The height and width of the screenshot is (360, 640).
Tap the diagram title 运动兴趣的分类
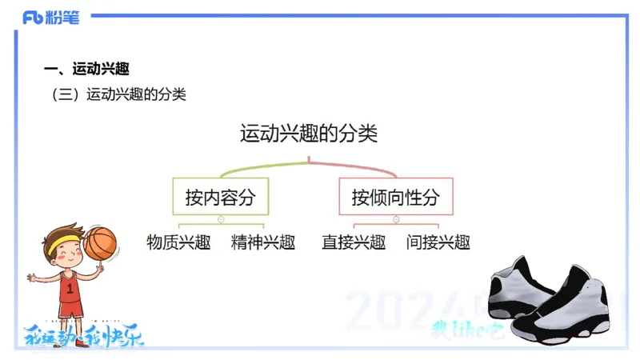(309, 133)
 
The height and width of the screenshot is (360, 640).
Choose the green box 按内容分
(220, 197)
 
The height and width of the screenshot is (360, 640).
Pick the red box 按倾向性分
(396, 197)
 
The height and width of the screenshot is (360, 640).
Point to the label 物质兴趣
(178, 242)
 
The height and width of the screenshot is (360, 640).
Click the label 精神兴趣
(263, 242)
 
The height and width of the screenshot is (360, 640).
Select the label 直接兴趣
(354, 242)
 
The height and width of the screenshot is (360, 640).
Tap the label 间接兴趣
(438, 242)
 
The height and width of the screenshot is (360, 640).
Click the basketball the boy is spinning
(101, 242)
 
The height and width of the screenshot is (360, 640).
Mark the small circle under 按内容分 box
(220, 218)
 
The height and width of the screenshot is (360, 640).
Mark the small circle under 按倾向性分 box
(396, 218)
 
